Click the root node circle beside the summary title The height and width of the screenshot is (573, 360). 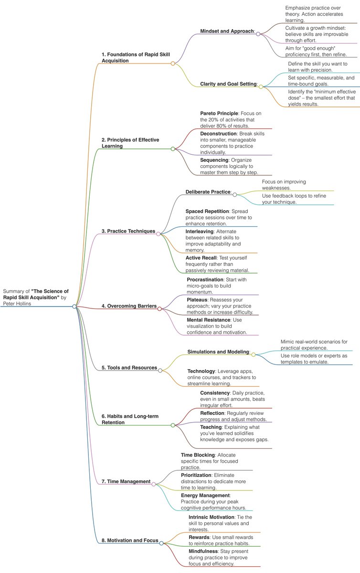tap(74, 306)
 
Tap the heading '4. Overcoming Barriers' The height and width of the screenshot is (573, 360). tap(129, 306)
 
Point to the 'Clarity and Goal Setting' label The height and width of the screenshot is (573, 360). tap(228, 84)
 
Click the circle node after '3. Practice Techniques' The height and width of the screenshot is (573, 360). tap(159, 233)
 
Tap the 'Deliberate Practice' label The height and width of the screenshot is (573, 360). tap(208, 192)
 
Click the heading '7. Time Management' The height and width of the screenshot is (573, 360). tap(126, 481)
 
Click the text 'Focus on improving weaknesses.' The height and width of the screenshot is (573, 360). tap(284, 185)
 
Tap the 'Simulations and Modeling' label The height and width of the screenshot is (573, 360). tap(218, 352)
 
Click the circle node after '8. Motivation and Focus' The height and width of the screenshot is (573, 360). tap(161, 543)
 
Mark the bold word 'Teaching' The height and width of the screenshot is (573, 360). tap(211, 427)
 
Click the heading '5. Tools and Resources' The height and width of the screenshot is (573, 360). tap(129, 368)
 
